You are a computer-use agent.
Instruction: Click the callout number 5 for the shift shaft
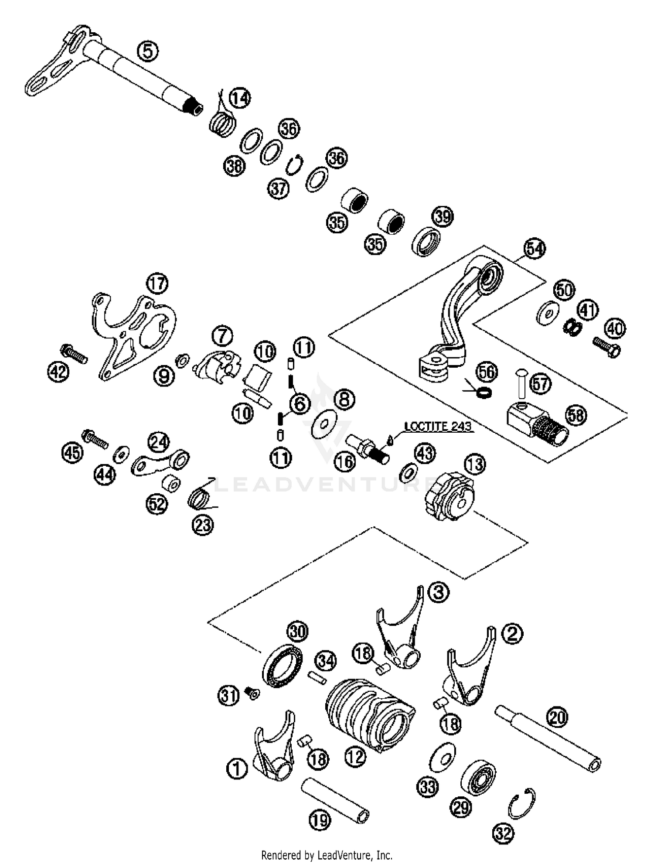148,51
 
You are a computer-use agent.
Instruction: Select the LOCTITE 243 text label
438,426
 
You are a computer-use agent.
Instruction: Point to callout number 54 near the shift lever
535,249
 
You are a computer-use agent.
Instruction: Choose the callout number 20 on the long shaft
558,717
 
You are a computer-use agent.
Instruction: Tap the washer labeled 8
325,423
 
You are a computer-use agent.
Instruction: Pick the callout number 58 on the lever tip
576,415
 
